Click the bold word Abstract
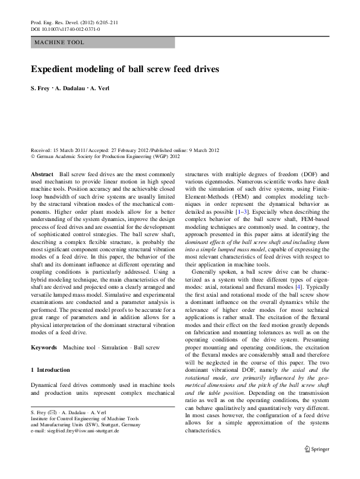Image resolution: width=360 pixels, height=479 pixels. coord(42,174)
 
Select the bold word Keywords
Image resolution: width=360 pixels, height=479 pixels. coord(44,348)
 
